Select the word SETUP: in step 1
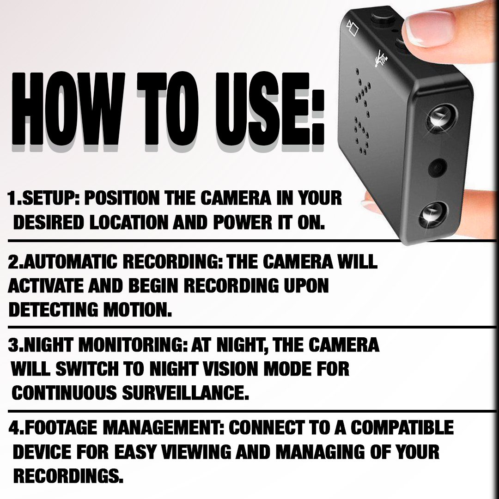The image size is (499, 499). click(50, 198)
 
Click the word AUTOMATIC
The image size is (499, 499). click(71, 262)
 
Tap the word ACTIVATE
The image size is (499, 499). click(39, 286)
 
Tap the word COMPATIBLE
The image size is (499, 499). click(402, 427)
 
